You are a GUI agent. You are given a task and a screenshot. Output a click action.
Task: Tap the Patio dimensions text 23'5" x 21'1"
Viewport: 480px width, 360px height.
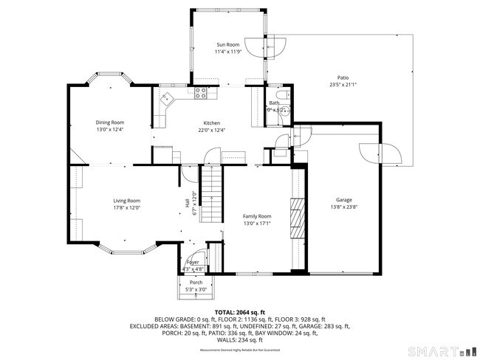(343, 85)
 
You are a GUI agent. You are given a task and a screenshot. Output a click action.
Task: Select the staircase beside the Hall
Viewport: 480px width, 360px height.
(212, 193)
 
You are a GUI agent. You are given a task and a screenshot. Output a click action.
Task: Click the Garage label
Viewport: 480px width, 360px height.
(343, 200)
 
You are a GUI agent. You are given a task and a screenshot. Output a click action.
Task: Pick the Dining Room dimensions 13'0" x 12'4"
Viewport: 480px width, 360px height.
(109, 130)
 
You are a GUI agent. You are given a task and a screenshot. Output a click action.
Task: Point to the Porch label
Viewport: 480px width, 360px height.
(196, 283)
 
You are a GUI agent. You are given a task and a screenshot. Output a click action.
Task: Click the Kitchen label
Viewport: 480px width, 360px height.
(212, 122)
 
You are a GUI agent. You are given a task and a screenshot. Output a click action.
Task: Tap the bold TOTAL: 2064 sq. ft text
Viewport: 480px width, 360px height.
(240, 313)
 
